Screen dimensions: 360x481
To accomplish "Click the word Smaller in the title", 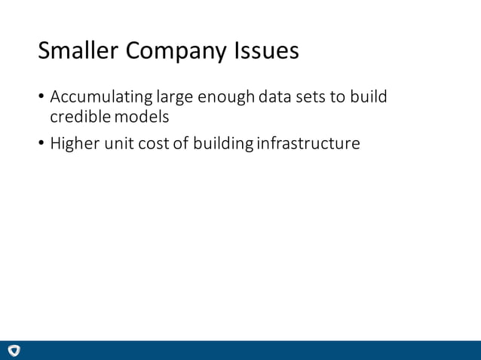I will click(78, 50).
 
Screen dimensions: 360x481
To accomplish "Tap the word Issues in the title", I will click(267, 50).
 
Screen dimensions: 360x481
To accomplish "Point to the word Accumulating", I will click(101, 98).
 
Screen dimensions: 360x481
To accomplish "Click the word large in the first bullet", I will click(174, 99).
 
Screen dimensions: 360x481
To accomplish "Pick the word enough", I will click(225, 98).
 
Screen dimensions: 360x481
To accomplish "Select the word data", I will click(276, 98).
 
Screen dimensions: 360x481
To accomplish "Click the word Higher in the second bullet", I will click(74, 143).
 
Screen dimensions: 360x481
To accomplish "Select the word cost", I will click(154, 143).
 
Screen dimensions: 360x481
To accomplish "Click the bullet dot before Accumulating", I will click(41, 99).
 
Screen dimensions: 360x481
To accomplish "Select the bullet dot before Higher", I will click(41, 144).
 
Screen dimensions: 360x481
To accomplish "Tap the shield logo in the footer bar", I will click(14, 350).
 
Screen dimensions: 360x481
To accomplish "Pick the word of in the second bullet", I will click(180, 143).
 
